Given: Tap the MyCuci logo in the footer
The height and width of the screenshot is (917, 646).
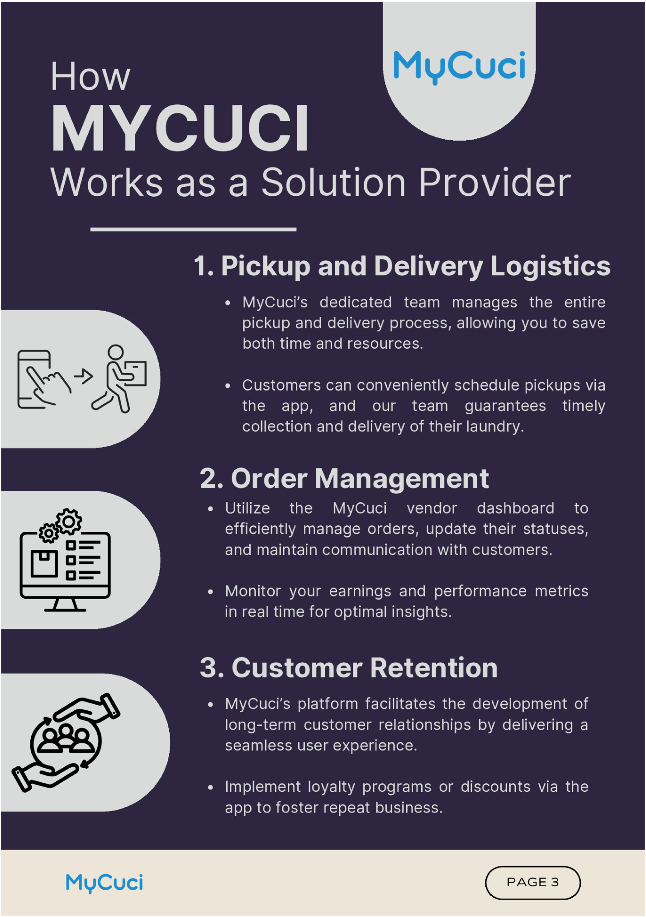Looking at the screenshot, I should click(104, 882).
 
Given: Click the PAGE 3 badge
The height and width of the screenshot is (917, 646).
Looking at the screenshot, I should click(532, 882).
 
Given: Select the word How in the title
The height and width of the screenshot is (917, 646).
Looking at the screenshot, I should click(90, 77).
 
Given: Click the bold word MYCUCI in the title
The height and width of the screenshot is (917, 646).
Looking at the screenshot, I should click(180, 128).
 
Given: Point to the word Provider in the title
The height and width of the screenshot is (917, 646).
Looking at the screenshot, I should click(494, 182).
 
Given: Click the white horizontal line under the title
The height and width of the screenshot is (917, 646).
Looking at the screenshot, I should click(193, 230).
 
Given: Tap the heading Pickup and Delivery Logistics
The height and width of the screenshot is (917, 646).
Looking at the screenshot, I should click(402, 265).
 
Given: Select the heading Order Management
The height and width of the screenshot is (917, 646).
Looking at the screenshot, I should click(344, 478).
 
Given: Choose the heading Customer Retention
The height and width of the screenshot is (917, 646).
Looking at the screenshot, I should click(349, 668).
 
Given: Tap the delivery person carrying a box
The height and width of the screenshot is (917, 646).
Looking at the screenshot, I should click(120, 379).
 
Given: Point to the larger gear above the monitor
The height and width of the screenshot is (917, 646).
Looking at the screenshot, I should click(69, 521).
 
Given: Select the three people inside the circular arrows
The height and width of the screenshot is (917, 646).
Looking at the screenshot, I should click(66, 738).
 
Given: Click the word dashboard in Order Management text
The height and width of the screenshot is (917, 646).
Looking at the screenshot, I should click(515, 508).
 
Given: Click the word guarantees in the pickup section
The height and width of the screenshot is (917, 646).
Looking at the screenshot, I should click(505, 406).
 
